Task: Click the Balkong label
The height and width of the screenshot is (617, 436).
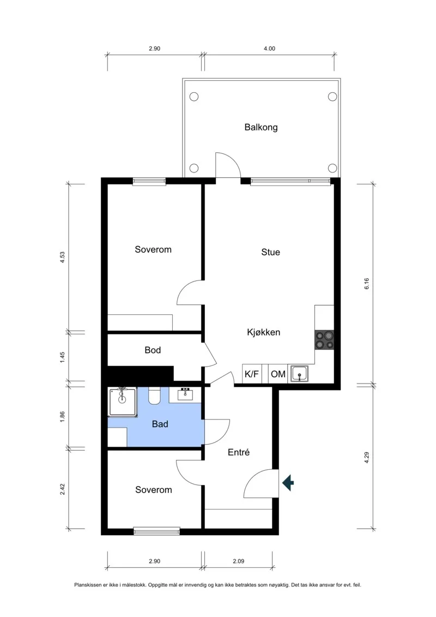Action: pyautogui.click(x=261, y=128)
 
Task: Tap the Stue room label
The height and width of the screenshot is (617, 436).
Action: pyautogui.click(x=270, y=252)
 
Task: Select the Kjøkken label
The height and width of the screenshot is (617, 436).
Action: pyautogui.click(x=263, y=332)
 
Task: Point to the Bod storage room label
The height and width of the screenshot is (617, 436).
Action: pyautogui.click(x=153, y=350)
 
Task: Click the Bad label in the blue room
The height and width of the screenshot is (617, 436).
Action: pyautogui.click(x=160, y=424)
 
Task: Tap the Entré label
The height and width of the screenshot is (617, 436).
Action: pyautogui.click(x=239, y=452)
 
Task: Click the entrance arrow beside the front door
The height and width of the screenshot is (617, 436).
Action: pyautogui.click(x=288, y=482)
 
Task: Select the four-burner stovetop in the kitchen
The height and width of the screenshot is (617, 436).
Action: pyautogui.click(x=324, y=340)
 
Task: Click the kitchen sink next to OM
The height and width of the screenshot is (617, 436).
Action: pyautogui.click(x=300, y=374)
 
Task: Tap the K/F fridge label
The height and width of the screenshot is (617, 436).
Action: pyautogui.click(x=252, y=374)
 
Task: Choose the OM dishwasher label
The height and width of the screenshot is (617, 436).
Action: pyautogui.click(x=278, y=374)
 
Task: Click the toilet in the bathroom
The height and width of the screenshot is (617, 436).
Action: pyautogui.click(x=154, y=396)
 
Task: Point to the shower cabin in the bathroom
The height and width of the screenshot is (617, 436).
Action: pyautogui.click(x=123, y=402)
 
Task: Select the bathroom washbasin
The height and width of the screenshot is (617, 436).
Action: pyautogui.click(x=185, y=394)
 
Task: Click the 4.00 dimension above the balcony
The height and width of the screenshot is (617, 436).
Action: pyautogui.click(x=269, y=49)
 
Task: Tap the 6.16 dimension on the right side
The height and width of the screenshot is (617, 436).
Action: pyautogui.click(x=367, y=284)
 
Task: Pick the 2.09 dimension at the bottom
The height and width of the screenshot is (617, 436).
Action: pyautogui.click(x=238, y=561)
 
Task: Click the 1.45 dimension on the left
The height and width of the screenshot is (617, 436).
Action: pyautogui.click(x=62, y=357)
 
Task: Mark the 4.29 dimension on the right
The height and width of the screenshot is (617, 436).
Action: pyautogui.click(x=367, y=457)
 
